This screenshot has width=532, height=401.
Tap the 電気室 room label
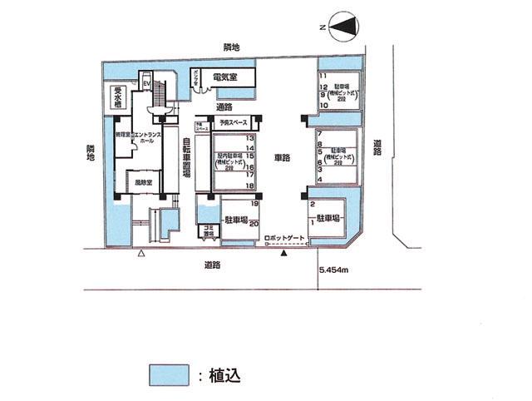tap(227, 77)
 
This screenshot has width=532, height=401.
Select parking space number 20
tap(256, 223)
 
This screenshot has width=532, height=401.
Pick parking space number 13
tap(261, 138)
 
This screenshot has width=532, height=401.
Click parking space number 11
tap(322, 77)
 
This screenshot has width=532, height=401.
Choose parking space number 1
tap(312, 223)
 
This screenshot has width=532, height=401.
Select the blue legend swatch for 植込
tap(169, 374)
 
